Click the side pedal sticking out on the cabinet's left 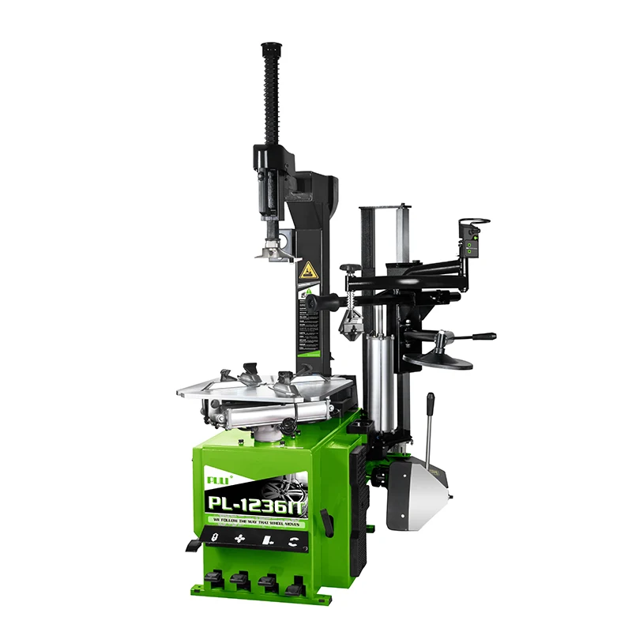coord(194,545)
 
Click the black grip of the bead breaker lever coord(431,405)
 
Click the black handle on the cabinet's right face coord(325,522)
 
